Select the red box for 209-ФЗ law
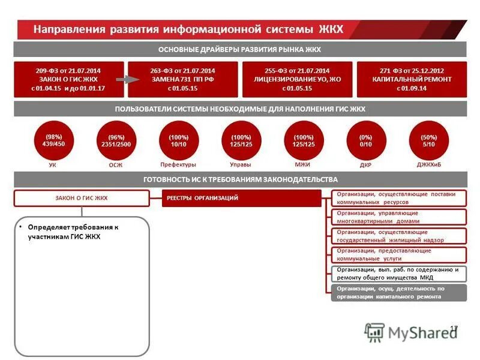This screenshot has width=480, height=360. [68, 79]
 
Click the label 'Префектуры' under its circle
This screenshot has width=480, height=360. [178, 164]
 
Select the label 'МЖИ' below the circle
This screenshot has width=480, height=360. [303, 164]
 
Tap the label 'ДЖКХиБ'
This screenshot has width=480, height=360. [428, 164]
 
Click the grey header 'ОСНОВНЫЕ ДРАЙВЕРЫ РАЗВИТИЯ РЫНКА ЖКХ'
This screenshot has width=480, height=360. [239, 50]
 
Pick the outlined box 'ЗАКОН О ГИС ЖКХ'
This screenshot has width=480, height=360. [82, 198]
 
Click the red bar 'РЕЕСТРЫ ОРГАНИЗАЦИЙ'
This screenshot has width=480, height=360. [242, 198]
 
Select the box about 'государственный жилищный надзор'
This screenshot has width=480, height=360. [398, 236]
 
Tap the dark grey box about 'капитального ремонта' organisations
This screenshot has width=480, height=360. [398, 292]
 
